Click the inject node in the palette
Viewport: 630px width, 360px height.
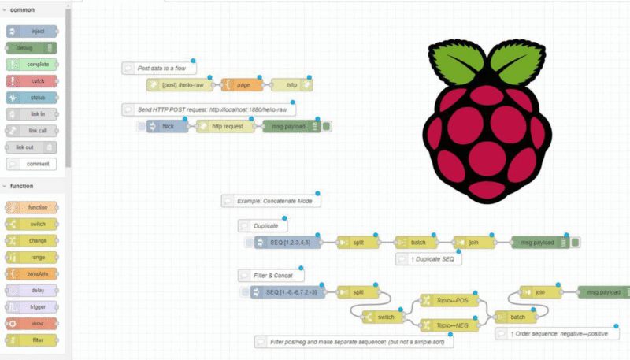31,31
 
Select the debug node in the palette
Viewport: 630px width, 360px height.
31,47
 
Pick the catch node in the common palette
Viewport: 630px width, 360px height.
31,80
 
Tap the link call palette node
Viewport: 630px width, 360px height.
31,131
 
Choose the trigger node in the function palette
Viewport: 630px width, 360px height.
31,306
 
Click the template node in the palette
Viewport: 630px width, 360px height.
31,273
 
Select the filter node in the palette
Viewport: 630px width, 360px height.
31,340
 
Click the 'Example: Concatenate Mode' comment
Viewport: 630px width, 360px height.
272,201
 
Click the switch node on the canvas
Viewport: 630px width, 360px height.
382,317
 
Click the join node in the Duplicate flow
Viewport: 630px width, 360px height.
472,243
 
